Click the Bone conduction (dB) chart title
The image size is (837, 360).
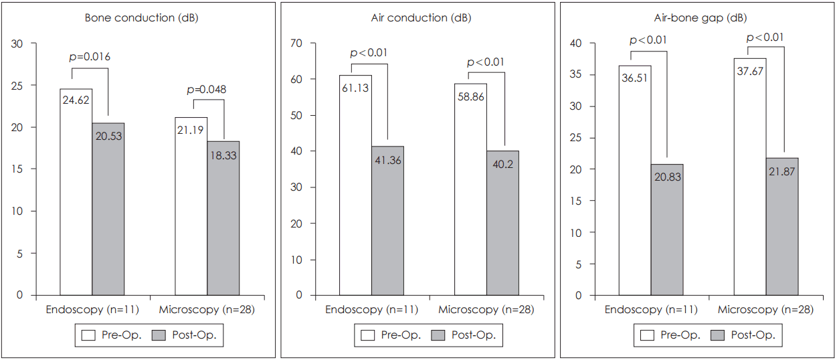click(141, 18)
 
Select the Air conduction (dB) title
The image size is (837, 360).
click(421, 18)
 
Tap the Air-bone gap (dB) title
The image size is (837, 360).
click(700, 18)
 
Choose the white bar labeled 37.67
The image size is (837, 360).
click(750, 187)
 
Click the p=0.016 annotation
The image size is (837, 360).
click(90, 57)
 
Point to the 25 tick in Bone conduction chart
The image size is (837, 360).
click(17, 86)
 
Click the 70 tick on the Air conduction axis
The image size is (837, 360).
click(296, 43)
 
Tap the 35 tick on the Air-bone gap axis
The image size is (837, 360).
click(575, 75)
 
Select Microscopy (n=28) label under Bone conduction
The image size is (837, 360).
click(207, 310)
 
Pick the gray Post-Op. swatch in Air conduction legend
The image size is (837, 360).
click(439, 335)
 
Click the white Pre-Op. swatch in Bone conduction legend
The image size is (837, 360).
click(88, 335)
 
